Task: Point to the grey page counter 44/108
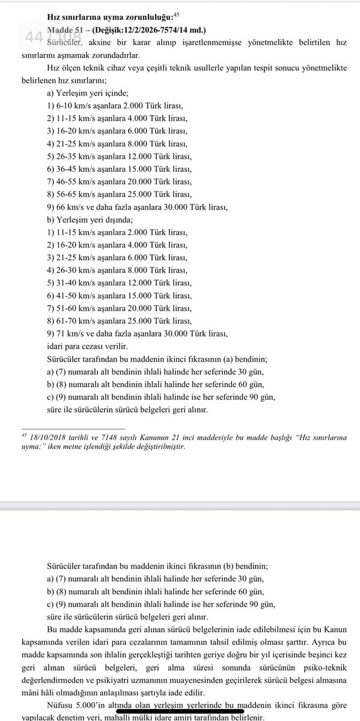45,38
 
